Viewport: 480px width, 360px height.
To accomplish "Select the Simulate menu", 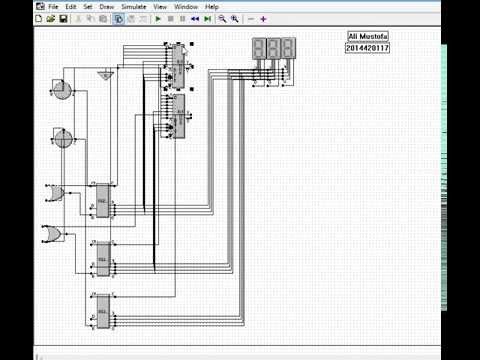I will pos(133,7).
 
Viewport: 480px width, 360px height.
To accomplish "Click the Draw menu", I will pos(106,7).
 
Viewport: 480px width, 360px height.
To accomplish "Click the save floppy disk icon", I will pos(63,19).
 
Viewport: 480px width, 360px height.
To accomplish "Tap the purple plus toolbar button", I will pos(263,19).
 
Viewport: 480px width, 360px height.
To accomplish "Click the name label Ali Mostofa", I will pos(367,37).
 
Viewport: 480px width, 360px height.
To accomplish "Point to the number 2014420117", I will pos(367,47).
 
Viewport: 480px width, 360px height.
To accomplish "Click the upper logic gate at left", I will pos(54,191).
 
